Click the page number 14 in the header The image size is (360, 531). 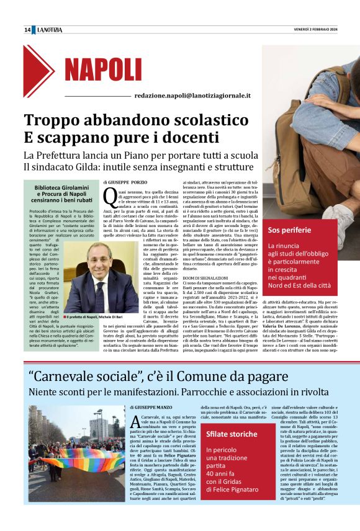[x=27, y=30]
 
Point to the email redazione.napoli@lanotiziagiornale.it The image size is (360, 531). [x=192, y=96]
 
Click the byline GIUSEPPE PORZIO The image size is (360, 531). [x=127, y=182]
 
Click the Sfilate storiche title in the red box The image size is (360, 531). [x=231, y=434]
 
